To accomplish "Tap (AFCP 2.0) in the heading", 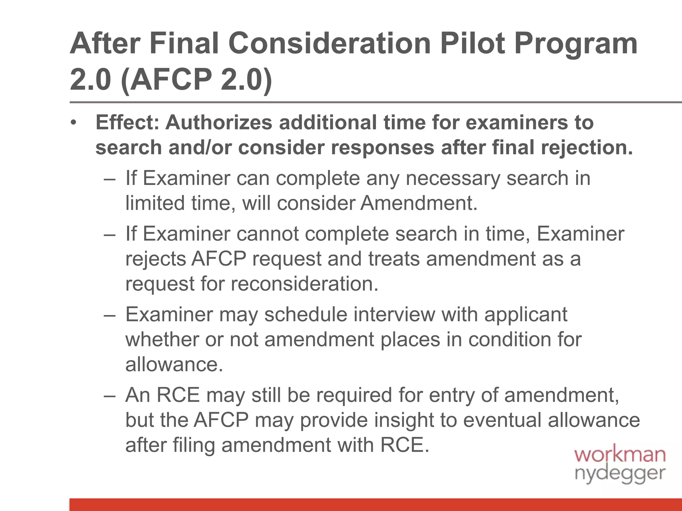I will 196,80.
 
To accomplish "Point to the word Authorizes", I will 219,122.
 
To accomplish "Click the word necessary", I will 453,179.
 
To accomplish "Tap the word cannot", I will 267,234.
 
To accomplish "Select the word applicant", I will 526,315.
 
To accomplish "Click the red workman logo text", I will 620,454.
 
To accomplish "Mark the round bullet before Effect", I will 74,123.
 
